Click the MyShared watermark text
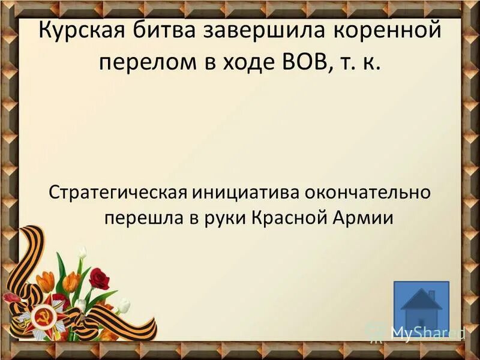tap(424, 332)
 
